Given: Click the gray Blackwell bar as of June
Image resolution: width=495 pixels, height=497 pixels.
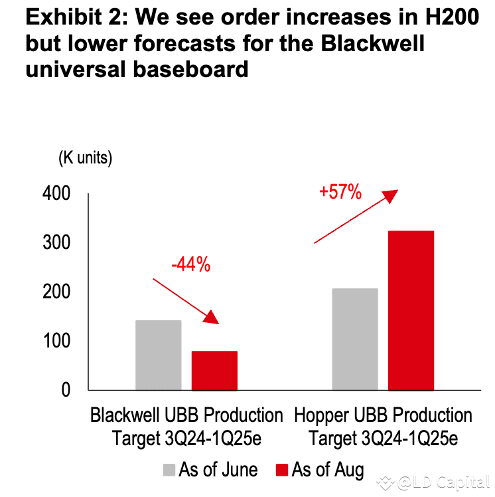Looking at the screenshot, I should point(158,355).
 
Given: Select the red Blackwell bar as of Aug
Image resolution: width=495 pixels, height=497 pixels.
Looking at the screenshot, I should point(214,370).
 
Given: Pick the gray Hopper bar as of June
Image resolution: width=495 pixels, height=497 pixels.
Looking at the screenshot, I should point(355,339).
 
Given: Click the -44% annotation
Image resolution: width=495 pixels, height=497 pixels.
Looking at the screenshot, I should point(190,265).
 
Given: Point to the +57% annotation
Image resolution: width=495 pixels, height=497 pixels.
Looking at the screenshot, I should point(340,193).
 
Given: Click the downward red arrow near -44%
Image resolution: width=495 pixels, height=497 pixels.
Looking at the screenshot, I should point(186,301).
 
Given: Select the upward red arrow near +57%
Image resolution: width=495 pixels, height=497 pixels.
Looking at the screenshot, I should point(356,217).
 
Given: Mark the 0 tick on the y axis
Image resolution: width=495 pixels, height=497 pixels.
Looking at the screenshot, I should point(65,390).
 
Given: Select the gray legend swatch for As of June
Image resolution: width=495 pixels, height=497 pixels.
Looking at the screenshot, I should point(169,470).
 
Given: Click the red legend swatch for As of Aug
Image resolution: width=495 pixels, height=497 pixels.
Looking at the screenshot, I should point(281,470).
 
